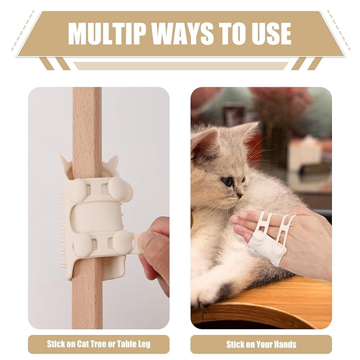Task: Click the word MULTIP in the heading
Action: (107, 34)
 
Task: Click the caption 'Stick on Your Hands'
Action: (261, 344)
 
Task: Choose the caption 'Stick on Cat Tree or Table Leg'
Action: (99, 344)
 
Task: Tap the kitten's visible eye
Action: (227, 181)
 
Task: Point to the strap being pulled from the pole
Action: (137, 243)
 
